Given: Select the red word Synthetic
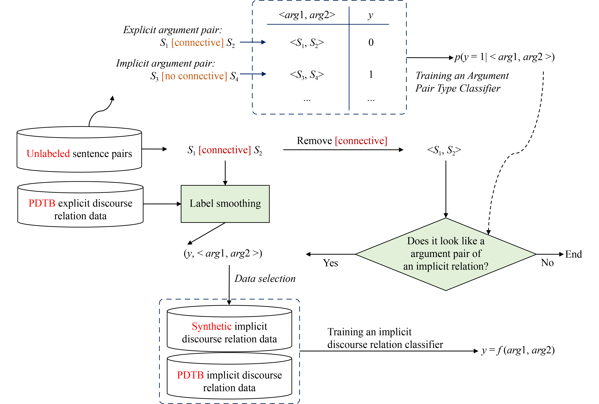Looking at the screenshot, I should click(x=212, y=326).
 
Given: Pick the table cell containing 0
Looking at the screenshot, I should click(x=371, y=42).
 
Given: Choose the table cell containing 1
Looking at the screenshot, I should click(x=371, y=74).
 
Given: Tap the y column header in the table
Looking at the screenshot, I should click(x=370, y=16).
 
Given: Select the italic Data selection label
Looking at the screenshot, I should click(x=265, y=279).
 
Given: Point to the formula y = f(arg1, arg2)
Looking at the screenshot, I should click(x=518, y=350).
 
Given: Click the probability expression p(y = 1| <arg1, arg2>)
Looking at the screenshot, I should click(x=504, y=57).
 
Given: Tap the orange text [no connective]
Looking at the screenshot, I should click(x=194, y=76).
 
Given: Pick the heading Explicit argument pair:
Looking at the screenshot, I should click(x=172, y=30).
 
